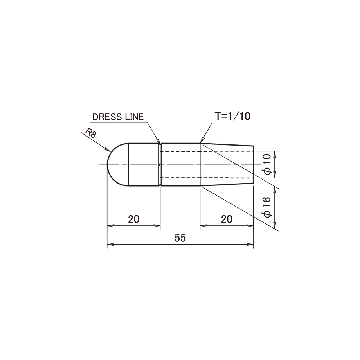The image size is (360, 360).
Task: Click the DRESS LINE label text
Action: (x=118, y=117)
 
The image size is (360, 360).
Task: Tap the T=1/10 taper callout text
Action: (x=232, y=116)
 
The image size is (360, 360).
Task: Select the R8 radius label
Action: (x=90, y=133)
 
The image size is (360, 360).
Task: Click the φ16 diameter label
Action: (x=267, y=207)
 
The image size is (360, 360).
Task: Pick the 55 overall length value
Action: (x=180, y=238)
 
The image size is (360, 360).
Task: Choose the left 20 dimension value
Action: (x=133, y=219)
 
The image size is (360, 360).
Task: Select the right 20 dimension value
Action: (x=227, y=219)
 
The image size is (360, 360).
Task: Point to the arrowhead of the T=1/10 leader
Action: (x=202, y=140)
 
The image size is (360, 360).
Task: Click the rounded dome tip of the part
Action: (x=108, y=164)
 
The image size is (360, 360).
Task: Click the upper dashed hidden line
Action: (x=207, y=151)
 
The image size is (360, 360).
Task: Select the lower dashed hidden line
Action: (x=207, y=178)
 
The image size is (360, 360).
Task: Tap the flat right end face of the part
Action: (x=254, y=164)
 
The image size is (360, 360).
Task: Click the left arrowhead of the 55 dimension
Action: (x=110, y=245)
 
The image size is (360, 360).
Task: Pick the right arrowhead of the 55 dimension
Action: (x=250, y=245)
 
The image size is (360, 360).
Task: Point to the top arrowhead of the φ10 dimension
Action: (x=275, y=154)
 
